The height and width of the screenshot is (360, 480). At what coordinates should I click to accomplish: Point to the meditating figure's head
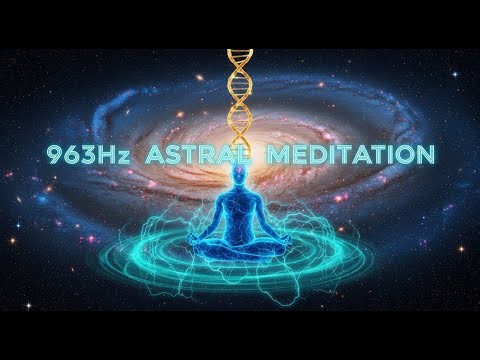(x=240, y=178)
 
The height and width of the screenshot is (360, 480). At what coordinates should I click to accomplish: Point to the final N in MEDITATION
(x=424, y=155)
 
